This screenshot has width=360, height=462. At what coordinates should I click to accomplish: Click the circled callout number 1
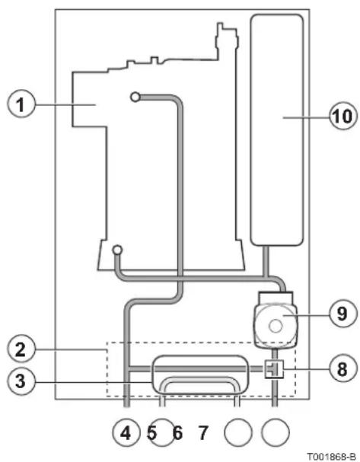21,104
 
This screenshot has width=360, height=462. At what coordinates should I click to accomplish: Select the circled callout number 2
21,350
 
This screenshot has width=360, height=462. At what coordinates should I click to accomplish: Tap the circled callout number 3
21,381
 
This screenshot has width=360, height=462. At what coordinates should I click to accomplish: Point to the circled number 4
126,433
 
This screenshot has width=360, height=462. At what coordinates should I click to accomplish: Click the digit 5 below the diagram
151,433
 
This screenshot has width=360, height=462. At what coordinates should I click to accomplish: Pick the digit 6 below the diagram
177,433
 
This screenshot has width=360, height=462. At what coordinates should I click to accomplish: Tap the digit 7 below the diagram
203,433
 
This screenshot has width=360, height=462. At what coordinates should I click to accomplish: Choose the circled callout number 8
342,368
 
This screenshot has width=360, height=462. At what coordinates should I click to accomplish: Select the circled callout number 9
342,314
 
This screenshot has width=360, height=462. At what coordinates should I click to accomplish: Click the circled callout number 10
343,116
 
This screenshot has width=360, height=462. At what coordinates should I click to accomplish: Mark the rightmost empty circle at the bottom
276,433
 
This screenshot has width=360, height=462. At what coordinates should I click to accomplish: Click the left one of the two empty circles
238,433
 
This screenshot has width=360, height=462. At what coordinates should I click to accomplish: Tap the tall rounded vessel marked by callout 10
276,130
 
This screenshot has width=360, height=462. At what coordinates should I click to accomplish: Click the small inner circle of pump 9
276,327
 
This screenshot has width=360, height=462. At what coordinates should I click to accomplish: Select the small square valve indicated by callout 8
274,369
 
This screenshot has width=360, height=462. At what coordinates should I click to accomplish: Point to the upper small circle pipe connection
135,97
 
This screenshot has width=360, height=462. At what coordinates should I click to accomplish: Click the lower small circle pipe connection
117,250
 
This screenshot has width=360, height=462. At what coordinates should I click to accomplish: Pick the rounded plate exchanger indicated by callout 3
200,374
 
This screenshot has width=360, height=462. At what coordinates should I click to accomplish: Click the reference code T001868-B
331,457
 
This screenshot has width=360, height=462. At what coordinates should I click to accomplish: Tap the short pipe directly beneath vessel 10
266,261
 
